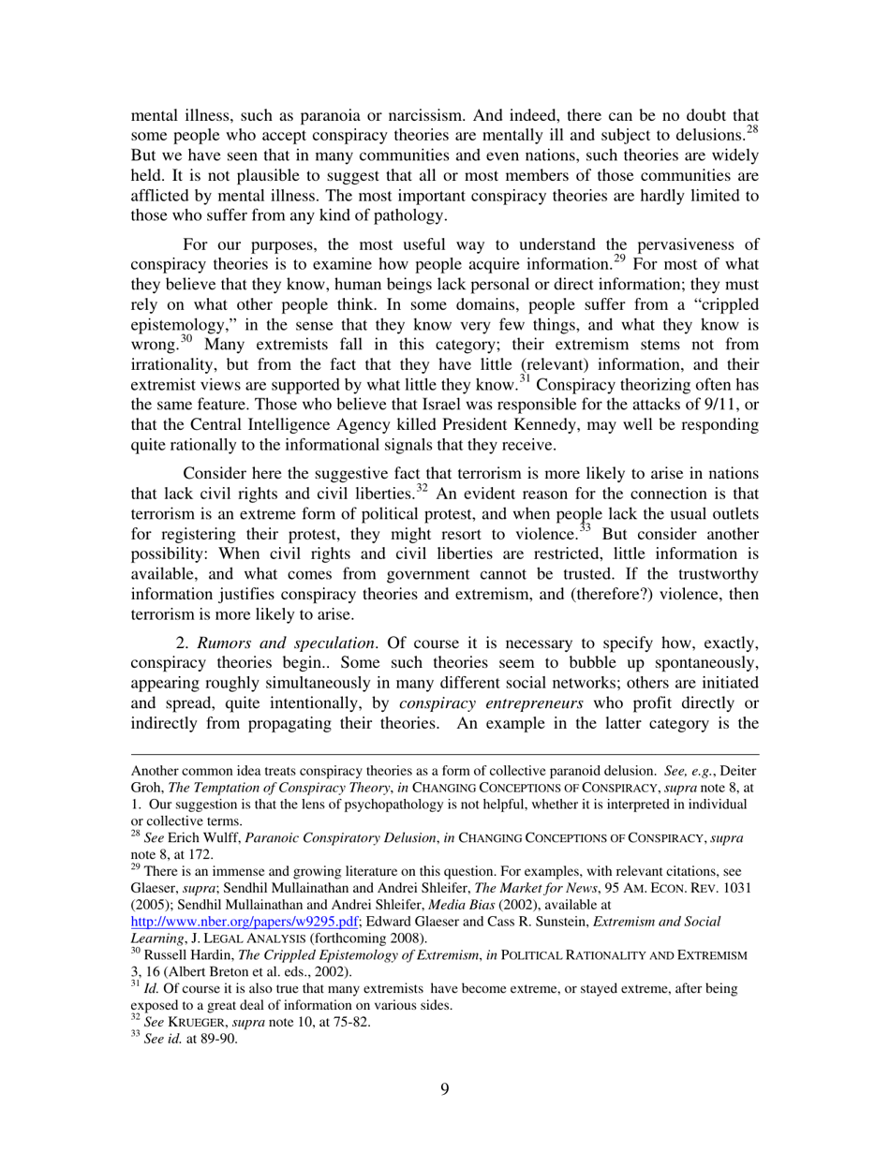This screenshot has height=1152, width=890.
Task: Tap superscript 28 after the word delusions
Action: point(750,130)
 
